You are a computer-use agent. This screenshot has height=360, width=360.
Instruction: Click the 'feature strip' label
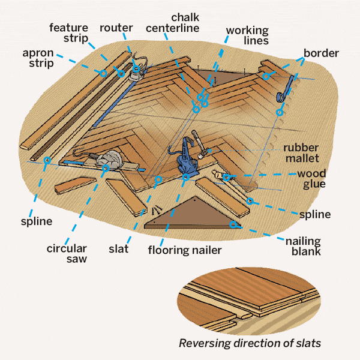[69, 34]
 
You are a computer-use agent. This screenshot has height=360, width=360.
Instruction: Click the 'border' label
[321, 53]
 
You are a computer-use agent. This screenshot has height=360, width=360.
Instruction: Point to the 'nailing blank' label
[302, 246]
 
